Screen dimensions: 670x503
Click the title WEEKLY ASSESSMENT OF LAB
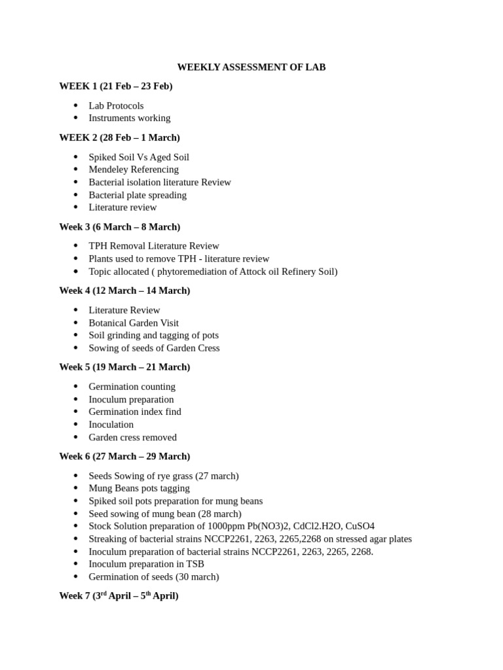251,67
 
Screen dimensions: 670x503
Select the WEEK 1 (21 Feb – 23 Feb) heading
116,86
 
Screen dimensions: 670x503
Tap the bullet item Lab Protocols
116,105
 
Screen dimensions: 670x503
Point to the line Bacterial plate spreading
138,195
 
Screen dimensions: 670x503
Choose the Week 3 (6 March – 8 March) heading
120,227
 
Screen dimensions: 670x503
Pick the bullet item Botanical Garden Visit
134,323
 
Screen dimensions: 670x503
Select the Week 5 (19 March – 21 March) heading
124,367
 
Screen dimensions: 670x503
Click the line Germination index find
135,412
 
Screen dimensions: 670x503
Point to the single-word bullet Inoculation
111,425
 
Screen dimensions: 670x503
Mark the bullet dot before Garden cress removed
76,437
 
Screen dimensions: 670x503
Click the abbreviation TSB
195,564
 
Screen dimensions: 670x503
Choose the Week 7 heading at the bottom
119,596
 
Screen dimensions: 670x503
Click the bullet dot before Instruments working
76,118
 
